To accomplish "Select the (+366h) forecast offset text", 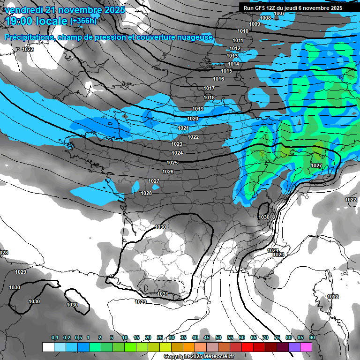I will point(83,21).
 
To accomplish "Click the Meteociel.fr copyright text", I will point(199,357).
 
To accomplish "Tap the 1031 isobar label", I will point(163,294).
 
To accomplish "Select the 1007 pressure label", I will point(280,13).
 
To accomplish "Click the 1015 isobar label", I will point(227,71).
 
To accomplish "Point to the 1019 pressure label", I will point(198,109).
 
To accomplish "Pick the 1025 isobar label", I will point(172,163).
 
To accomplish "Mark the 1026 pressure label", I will point(168,172).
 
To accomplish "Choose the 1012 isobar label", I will point(235,48).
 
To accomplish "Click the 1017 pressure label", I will point(209,88).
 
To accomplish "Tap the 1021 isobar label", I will point(183,128).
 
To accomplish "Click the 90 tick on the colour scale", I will point(312,337).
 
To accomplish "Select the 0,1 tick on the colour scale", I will point(55,337).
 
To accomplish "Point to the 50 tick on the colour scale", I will point(218,337).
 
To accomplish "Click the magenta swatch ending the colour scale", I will point(306,347).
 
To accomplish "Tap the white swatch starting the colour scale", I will point(48,347).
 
